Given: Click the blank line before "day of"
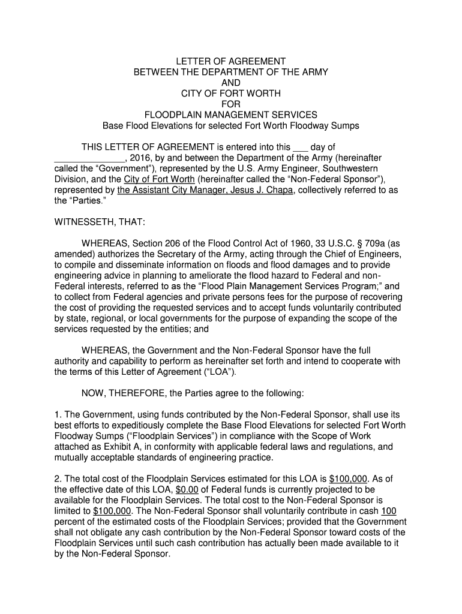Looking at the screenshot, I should pos(299,148).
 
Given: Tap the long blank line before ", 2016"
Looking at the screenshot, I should pos(89,158).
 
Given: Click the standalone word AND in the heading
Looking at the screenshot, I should pos(231,83).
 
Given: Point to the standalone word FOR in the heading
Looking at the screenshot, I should pos(231,104).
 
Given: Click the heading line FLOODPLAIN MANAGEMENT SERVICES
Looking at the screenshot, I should pos(231,115).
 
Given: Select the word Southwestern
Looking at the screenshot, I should pos(357,168).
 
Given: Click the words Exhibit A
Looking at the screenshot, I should pos(125,447).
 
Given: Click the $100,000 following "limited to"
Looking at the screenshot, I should pos(113,511).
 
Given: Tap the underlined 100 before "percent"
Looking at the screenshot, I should pos(389,511).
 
